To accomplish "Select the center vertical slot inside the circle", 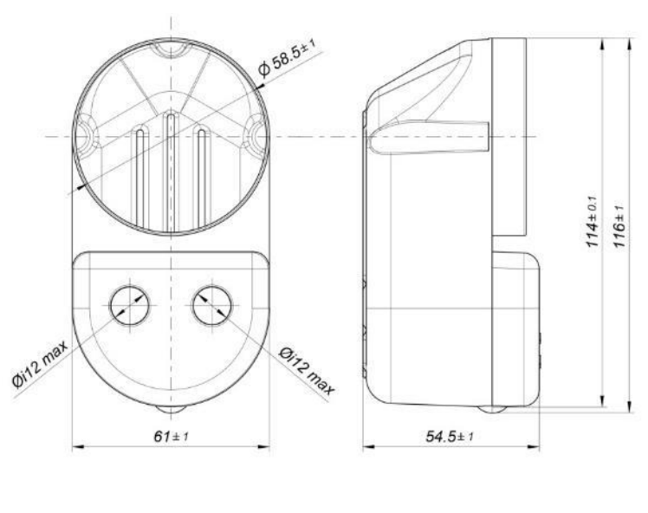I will [171, 165].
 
